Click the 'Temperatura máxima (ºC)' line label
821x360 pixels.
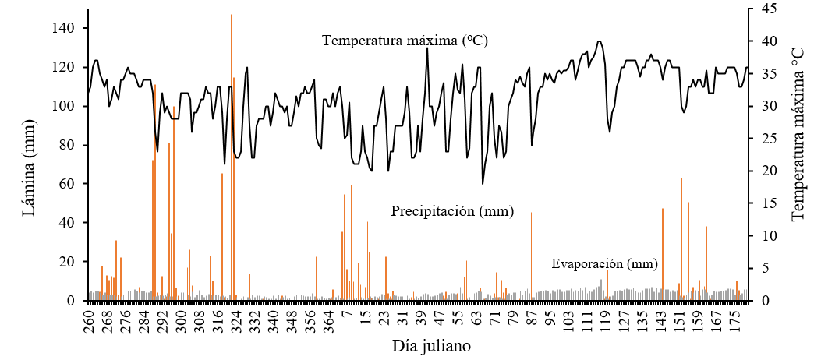click(405, 41)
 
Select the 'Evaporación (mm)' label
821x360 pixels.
click(604, 263)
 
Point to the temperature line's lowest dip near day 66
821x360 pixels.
click(483, 183)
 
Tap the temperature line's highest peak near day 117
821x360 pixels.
click(599, 41)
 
